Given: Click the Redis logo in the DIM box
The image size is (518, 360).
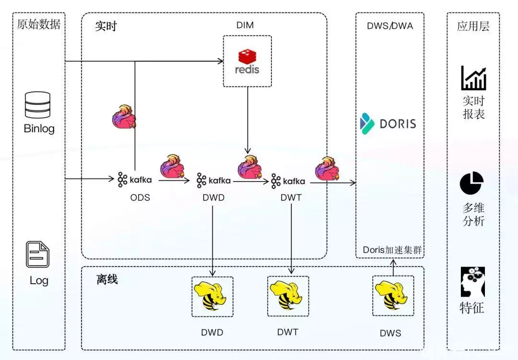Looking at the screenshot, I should [247, 61].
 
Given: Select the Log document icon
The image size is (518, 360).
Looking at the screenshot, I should [38, 255].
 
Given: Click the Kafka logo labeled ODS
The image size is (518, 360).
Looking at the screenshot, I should [135, 180].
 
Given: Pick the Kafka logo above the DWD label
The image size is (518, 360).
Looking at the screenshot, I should [213, 180].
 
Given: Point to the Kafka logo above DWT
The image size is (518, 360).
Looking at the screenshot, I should [288, 181].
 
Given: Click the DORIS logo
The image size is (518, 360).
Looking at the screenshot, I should [388, 123].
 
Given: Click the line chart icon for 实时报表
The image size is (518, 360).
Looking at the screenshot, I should [473, 78].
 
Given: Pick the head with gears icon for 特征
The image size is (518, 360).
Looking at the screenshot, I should [472, 282].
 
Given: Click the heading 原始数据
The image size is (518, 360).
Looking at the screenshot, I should [38, 24].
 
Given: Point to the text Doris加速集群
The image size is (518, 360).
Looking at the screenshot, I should [390, 250].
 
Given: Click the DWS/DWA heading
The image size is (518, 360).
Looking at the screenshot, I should [389, 26].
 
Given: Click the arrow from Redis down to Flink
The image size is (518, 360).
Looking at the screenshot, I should [247, 120].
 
